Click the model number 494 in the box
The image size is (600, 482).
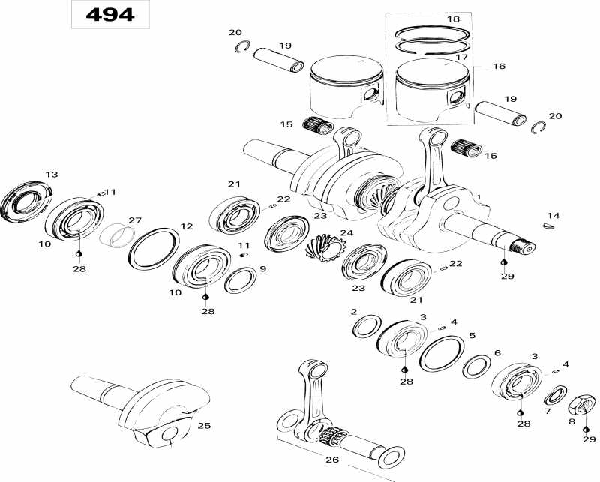click(x=109, y=15)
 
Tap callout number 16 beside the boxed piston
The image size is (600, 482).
click(x=499, y=67)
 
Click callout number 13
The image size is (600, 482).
click(x=51, y=175)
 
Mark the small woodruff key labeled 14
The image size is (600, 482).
click(x=550, y=223)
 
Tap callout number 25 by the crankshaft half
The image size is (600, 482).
click(x=203, y=425)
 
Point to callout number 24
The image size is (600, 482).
click(x=346, y=232)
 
